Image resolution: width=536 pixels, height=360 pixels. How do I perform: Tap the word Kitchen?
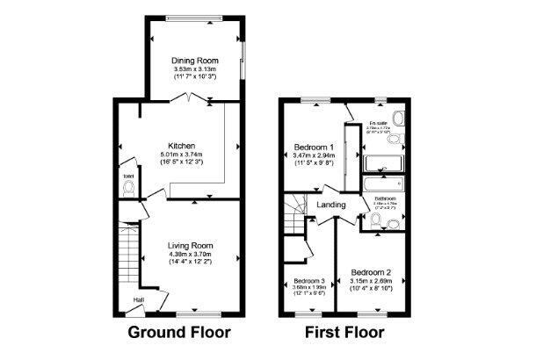181,146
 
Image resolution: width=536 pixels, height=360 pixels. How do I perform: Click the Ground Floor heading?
179,333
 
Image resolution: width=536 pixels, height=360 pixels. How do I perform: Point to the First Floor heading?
344,333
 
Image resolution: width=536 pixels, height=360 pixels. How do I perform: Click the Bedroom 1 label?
314,146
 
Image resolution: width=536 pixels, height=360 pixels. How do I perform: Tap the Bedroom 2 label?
371,272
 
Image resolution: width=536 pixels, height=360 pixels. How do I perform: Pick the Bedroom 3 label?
308,282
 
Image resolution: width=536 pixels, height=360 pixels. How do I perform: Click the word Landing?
331,205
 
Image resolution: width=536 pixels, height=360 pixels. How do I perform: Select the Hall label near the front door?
139,299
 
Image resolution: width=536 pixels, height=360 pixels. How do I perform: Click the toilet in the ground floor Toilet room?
129,187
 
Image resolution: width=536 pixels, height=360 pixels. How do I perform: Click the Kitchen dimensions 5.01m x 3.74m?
181,155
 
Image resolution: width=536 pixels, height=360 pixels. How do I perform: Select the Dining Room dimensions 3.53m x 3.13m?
194,70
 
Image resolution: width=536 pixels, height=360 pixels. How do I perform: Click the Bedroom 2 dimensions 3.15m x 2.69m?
371,281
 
